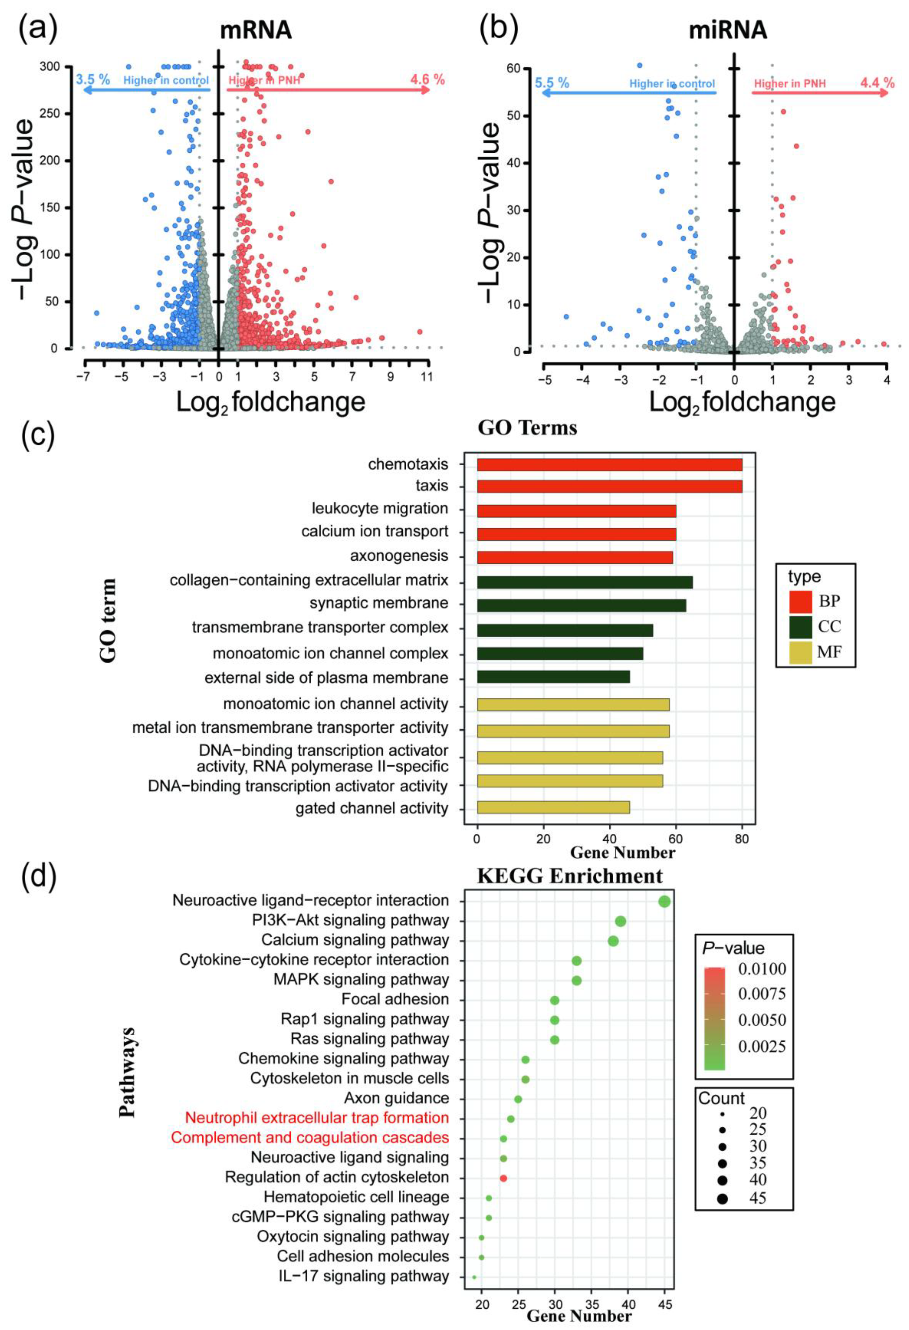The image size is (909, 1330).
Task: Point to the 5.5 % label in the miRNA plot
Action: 552,83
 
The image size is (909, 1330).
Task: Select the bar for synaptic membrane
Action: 581,605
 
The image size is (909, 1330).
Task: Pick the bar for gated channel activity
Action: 553,808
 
